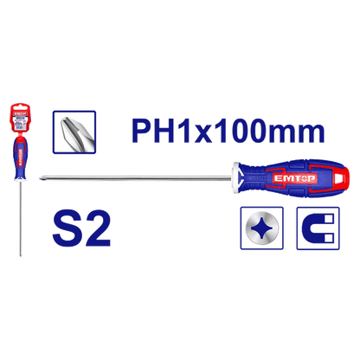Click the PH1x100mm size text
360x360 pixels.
[228, 132]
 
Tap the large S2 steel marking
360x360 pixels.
[81, 228]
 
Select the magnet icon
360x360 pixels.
[318, 228]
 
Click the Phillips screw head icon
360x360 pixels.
[262, 228]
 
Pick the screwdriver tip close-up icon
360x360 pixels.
[74, 132]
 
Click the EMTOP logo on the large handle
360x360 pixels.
[294, 178]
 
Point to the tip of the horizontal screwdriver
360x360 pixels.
[40, 179]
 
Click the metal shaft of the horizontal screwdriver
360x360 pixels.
[136, 179]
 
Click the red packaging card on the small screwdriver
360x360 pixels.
[21, 118]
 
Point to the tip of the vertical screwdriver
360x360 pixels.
[21, 255]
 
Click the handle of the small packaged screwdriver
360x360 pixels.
[21, 158]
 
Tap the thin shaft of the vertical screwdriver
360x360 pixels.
[21, 218]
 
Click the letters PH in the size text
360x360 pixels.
[153, 132]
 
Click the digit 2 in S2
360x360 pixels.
[97, 228]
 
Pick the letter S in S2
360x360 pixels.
[67, 228]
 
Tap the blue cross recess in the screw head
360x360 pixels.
[261, 228]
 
